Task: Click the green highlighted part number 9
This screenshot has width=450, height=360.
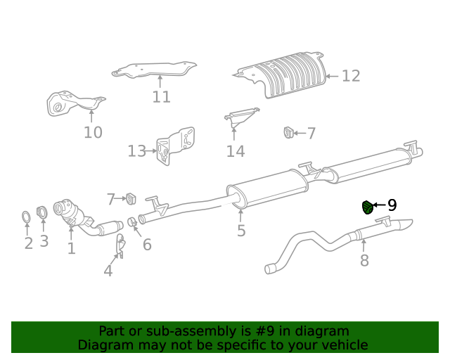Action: point(366,207)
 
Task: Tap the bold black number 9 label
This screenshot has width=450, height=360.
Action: point(392,205)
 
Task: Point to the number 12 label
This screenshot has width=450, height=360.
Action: point(350,76)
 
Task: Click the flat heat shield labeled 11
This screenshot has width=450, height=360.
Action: point(155,70)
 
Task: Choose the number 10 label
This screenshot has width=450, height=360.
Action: point(93,132)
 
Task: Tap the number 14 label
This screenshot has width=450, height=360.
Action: point(235,151)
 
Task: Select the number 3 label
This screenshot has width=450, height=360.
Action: point(44,242)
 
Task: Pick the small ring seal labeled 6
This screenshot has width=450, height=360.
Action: point(131,223)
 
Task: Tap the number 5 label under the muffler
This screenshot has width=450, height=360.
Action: point(241,231)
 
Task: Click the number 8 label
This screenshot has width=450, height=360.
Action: point(364,262)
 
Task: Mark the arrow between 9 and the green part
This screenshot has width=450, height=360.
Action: point(379,205)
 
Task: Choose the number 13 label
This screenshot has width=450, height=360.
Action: point(136,151)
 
